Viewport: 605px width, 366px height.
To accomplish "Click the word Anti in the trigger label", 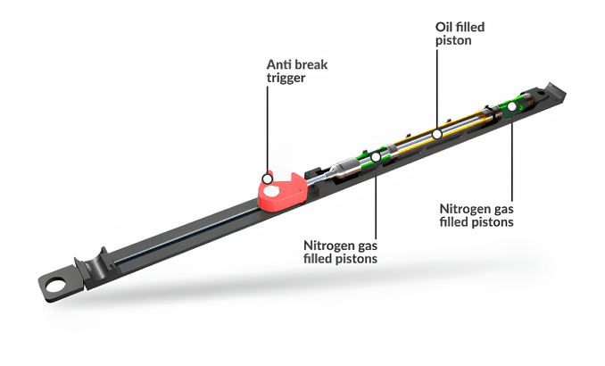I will pos(279,65).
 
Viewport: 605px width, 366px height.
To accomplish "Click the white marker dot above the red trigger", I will pos(265,177).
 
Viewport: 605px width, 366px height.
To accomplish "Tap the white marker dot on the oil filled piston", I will pos(437,134).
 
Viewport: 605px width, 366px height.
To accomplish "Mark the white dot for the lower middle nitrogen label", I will pos(376,158).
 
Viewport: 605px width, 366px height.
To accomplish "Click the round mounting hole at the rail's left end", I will pos(54,287).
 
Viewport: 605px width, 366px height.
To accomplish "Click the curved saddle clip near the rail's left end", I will pos(90,265).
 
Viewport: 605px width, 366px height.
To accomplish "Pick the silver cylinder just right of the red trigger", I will pos(343,169).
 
